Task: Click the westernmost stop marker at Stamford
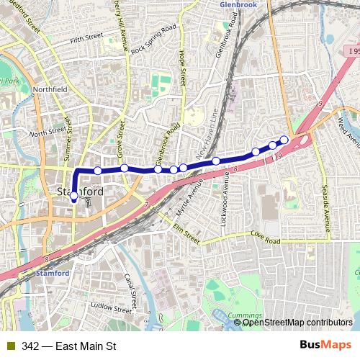click(73, 195)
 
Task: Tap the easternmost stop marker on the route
click(284, 140)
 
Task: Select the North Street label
click(48, 132)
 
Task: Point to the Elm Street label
click(186, 233)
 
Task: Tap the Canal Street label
click(130, 287)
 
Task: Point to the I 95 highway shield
click(350, 51)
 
